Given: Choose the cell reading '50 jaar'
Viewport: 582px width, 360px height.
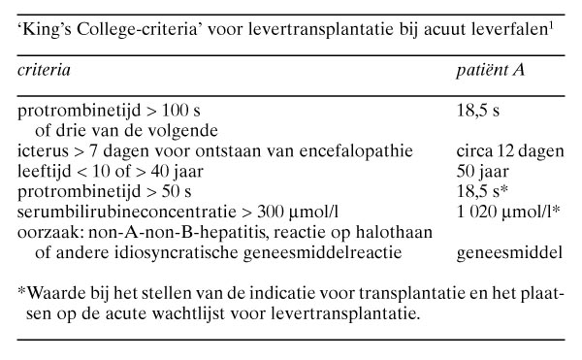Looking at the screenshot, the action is (483, 170).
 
